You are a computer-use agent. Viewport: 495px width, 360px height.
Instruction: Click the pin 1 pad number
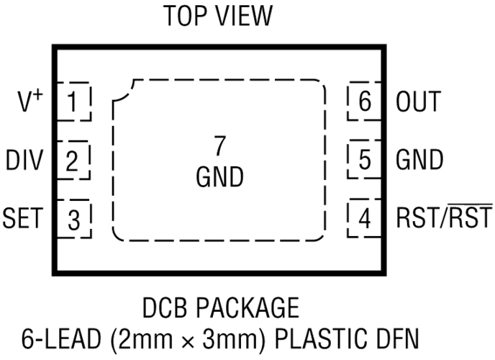73,102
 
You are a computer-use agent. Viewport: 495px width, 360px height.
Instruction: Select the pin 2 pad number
72,161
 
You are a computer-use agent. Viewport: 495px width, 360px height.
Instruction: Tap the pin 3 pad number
74,220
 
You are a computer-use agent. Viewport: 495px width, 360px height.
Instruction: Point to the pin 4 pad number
365,218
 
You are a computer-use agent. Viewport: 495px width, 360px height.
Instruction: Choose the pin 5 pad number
365,159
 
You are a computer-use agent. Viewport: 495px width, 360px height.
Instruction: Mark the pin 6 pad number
365,101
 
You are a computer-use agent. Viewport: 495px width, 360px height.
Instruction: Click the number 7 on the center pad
219,145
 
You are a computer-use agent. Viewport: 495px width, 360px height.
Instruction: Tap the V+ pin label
30,101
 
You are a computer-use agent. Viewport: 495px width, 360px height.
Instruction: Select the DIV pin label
24,161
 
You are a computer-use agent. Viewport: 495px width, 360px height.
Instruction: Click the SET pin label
23,218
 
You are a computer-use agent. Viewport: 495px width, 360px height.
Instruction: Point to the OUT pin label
418,102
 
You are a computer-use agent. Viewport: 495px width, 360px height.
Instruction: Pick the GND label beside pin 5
419,159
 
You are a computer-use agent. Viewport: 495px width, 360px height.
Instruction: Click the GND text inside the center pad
219,177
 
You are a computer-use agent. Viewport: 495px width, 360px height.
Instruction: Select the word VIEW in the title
244,16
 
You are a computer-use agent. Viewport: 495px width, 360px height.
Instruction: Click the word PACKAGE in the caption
247,307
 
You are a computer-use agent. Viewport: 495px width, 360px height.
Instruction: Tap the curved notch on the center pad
126,94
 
